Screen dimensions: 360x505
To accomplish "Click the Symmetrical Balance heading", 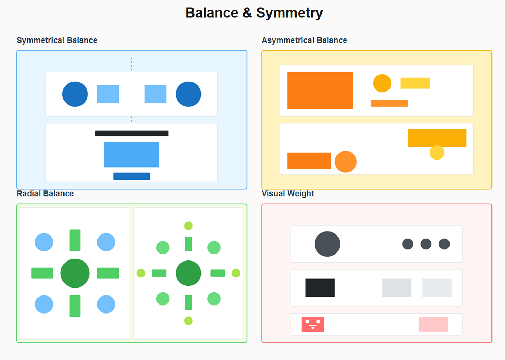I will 57,40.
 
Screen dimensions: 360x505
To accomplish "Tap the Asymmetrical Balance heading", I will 304,40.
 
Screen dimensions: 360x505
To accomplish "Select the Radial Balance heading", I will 45,194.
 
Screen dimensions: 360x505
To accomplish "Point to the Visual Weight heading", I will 288,194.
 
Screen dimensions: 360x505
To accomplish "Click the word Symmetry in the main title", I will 289,13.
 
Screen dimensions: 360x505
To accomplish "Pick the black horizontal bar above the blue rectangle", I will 131,133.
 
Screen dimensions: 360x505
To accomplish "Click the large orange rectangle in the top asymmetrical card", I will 320,90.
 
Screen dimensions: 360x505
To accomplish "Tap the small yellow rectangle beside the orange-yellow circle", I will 415,83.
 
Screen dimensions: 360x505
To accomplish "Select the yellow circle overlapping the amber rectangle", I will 437,153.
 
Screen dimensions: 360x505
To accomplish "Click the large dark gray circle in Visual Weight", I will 327,244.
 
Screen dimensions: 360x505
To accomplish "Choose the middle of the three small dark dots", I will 426,244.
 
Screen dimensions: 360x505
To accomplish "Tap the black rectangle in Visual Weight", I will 320,288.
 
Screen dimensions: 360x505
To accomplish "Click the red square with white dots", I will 313,324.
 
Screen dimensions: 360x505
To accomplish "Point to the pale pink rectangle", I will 433,324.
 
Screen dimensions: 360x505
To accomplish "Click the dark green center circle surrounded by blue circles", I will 75,273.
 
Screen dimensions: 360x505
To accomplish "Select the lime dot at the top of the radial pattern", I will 188,226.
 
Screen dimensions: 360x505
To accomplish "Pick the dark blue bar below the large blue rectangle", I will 131,176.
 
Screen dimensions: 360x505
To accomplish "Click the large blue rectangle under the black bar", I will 131,154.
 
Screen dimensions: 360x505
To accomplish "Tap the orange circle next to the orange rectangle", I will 345,162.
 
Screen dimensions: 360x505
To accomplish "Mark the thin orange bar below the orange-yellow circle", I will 389,103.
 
